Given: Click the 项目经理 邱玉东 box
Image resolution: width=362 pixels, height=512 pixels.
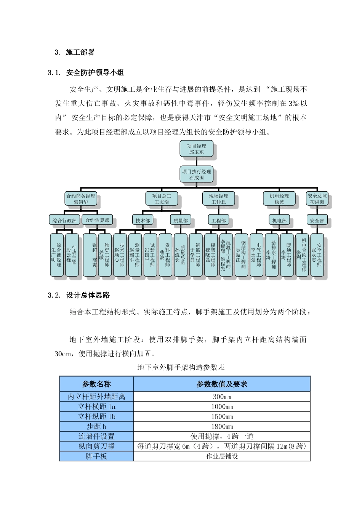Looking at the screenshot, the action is click(196, 149).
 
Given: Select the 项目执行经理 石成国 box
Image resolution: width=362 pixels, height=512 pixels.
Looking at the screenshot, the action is click(196, 174).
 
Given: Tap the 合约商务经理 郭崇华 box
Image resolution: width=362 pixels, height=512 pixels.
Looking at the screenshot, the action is click(81, 199).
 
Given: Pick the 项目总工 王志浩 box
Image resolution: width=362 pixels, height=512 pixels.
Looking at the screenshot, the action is click(162, 199).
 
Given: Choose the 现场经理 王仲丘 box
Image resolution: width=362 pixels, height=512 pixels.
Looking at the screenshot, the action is click(218, 199).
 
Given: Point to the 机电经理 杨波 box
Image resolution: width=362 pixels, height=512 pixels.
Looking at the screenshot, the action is click(279, 199).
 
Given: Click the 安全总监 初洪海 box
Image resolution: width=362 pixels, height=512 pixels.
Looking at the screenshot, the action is click(317, 199).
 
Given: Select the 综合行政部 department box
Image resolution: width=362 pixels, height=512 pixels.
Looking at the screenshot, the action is click(64, 220).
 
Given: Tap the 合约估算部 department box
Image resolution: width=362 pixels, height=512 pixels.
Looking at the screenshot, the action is click(97, 220).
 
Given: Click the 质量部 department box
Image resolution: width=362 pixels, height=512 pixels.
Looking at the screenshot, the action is click(180, 220).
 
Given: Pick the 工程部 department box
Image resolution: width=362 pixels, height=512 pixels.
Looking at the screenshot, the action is click(218, 220).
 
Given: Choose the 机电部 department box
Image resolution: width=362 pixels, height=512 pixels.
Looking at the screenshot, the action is click(279, 220).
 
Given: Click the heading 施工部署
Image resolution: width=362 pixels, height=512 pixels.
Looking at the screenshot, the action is click(80, 53).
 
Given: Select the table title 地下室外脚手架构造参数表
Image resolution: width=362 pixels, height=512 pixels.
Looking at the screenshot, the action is click(181, 368).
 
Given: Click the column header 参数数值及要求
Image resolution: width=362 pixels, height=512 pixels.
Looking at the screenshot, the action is click(222, 384).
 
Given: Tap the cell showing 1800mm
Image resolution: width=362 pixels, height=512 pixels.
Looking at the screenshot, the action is click(222, 427).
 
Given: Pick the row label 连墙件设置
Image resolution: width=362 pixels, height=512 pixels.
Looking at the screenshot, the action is click(96, 437).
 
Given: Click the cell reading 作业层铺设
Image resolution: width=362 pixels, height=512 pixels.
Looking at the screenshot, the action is click(222, 456).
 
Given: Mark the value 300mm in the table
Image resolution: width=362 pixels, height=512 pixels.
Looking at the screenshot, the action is click(222, 397).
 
